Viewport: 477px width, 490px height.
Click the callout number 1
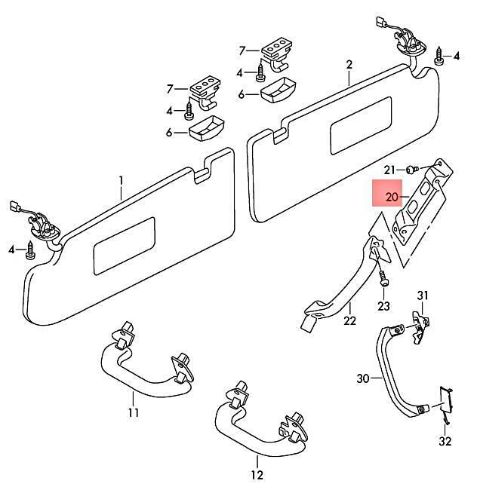[121, 181]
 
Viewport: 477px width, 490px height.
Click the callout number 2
[349, 65]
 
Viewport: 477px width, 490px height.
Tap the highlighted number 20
[392, 198]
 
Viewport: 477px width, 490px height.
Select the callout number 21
[389, 170]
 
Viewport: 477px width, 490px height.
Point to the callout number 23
[383, 306]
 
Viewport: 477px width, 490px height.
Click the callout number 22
[349, 320]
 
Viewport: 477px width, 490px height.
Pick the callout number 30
[363, 378]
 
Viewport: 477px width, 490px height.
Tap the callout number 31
[423, 296]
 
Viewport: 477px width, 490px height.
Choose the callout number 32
[445, 441]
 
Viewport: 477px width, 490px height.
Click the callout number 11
[134, 413]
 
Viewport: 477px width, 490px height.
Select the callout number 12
[257, 476]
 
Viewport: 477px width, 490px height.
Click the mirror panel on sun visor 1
[125, 246]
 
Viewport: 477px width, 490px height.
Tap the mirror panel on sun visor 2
[361, 125]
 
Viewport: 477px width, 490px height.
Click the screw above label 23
[383, 278]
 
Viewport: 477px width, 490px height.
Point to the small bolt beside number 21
[412, 170]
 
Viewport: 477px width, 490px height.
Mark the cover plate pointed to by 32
[445, 402]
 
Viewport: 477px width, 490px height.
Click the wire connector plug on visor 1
[14, 206]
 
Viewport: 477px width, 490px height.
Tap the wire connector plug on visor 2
[380, 22]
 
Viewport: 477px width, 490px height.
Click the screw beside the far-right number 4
[440, 57]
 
